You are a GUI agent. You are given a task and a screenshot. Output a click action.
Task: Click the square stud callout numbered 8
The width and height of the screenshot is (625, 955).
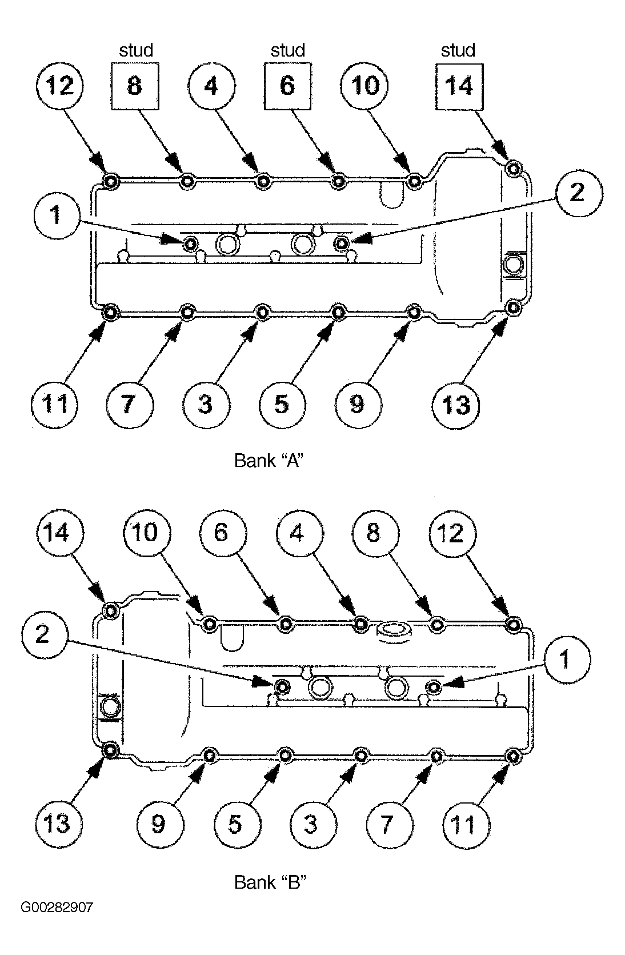coord(135,86)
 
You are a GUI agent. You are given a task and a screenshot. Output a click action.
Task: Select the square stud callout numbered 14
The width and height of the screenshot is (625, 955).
coord(459,86)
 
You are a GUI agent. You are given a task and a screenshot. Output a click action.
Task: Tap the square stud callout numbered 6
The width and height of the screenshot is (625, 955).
coord(287,86)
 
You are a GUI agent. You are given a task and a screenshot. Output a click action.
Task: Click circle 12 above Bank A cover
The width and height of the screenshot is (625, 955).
coord(60,86)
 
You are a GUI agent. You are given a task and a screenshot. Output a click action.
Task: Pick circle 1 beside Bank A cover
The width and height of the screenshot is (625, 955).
coord(57,215)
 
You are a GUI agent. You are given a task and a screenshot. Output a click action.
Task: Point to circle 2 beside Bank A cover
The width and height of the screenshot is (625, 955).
coord(579,193)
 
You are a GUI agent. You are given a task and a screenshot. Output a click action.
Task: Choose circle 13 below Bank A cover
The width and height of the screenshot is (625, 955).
coord(456,405)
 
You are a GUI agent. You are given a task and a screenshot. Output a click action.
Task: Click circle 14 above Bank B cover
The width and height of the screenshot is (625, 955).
coord(59,533)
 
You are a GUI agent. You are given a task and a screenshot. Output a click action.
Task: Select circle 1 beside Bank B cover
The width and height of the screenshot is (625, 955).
coord(567,660)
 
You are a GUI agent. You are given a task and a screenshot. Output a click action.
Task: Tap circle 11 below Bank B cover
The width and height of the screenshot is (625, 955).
coord(466,825)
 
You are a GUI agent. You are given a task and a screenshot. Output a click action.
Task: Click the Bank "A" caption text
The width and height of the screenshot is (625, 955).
coord(269,461)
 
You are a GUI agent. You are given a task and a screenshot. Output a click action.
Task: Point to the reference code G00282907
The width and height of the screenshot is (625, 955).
coord(57,907)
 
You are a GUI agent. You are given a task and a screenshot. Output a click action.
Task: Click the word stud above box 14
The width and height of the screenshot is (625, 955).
coord(458,50)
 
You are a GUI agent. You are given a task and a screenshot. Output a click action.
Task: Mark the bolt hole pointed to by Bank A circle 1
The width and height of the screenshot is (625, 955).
coord(190,244)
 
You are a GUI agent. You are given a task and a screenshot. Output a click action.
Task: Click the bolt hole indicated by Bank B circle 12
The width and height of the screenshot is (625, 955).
coord(514,625)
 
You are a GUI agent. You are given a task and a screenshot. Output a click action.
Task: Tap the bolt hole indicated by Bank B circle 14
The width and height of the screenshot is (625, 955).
coord(111,611)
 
